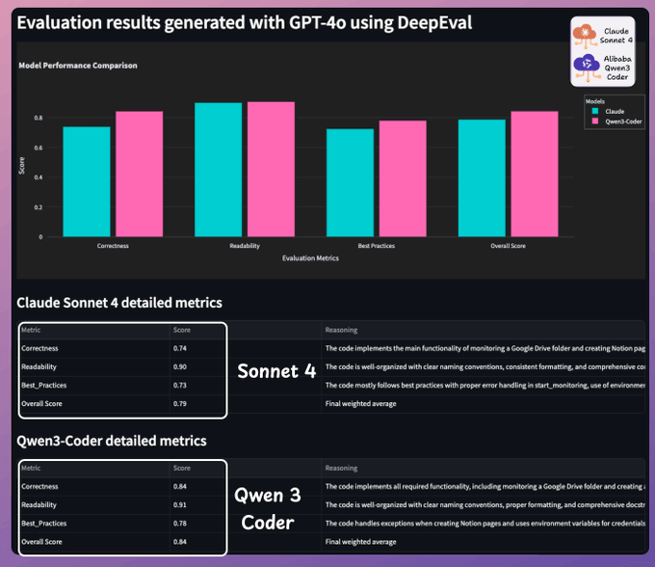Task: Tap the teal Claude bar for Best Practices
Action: click(350, 182)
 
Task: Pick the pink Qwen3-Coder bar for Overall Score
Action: click(534, 174)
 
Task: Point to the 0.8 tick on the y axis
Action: click(39, 118)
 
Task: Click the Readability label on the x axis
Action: click(245, 247)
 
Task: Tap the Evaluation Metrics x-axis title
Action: click(310, 258)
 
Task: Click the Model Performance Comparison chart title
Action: click(78, 66)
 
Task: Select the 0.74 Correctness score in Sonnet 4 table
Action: click(180, 348)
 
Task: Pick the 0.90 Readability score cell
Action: click(180, 366)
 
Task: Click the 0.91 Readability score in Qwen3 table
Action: click(180, 504)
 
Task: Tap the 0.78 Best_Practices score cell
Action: click(180, 523)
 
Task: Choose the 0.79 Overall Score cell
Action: click(180, 403)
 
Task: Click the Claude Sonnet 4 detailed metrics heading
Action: click(120, 303)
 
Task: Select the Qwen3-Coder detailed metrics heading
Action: click(113, 441)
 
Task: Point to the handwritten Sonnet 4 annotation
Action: click(276, 371)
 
